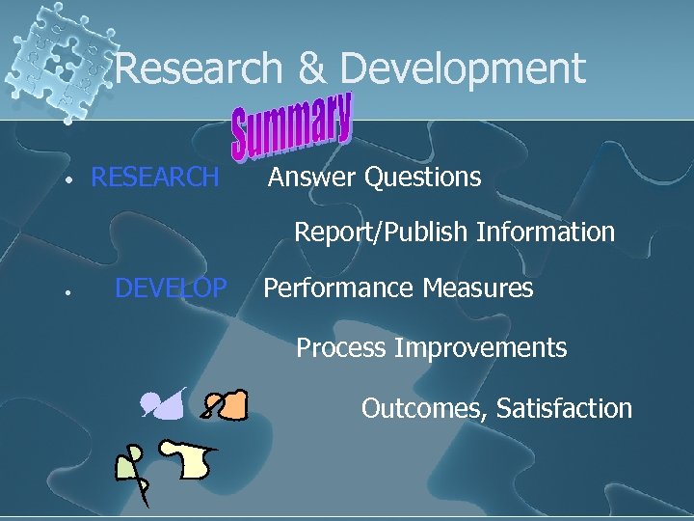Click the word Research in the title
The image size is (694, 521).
[199, 69]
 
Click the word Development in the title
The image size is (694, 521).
[463, 69]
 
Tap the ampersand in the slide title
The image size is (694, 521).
[311, 69]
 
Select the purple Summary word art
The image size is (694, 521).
[292, 124]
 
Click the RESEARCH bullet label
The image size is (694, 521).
[154, 178]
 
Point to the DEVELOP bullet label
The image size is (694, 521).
[171, 288]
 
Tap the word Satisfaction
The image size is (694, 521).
[564, 408]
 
